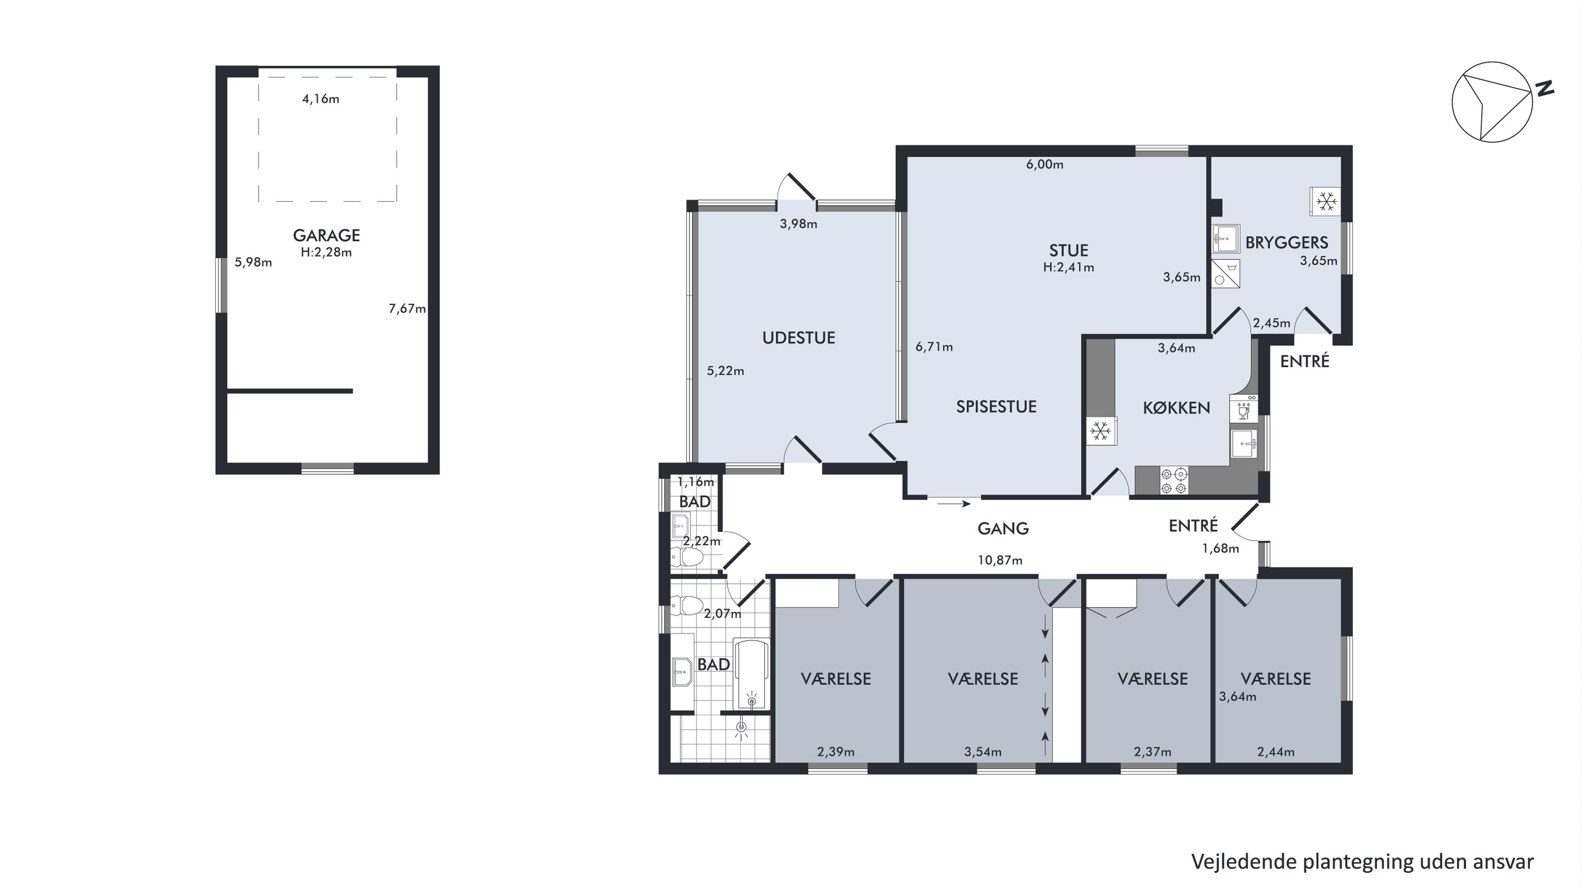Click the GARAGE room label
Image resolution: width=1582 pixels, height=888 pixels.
pyautogui.click(x=326, y=235)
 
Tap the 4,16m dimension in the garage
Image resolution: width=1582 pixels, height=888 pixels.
pyautogui.click(x=321, y=99)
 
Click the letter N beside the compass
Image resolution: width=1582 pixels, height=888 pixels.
pyautogui.click(x=1545, y=89)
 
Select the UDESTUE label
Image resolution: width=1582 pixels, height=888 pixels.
pyautogui.click(x=798, y=337)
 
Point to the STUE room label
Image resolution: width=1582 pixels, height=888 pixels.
pyautogui.click(x=1069, y=250)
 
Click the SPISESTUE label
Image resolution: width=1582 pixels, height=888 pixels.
pyautogui.click(x=996, y=406)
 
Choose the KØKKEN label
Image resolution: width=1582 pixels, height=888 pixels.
pyautogui.click(x=1176, y=407)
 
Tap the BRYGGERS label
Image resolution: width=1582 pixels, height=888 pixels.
pyautogui.click(x=1287, y=242)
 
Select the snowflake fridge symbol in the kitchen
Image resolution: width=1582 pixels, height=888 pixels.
pyautogui.click(x=1101, y=432)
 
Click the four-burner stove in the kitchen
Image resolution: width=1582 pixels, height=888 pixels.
pyautogui.click(x=1174, y=481)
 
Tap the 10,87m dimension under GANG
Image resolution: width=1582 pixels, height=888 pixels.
pyautogui.click(x=1000, y=560)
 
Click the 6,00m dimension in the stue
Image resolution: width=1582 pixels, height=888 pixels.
pyautogui.click(x=1044, y=164)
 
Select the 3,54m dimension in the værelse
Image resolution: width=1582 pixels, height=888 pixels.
pyautogui.click(x=983, y=752)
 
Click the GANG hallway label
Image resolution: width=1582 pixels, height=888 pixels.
pyautogui.click(x=1003, y=529)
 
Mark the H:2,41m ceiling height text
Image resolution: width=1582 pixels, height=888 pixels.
pyautogui.click(x=1069, y=268)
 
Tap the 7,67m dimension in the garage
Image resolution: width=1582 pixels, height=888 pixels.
pyautogui.click(x=407, y=309)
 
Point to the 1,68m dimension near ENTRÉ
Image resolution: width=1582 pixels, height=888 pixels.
pyautogui.click(x=1220, y=549)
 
